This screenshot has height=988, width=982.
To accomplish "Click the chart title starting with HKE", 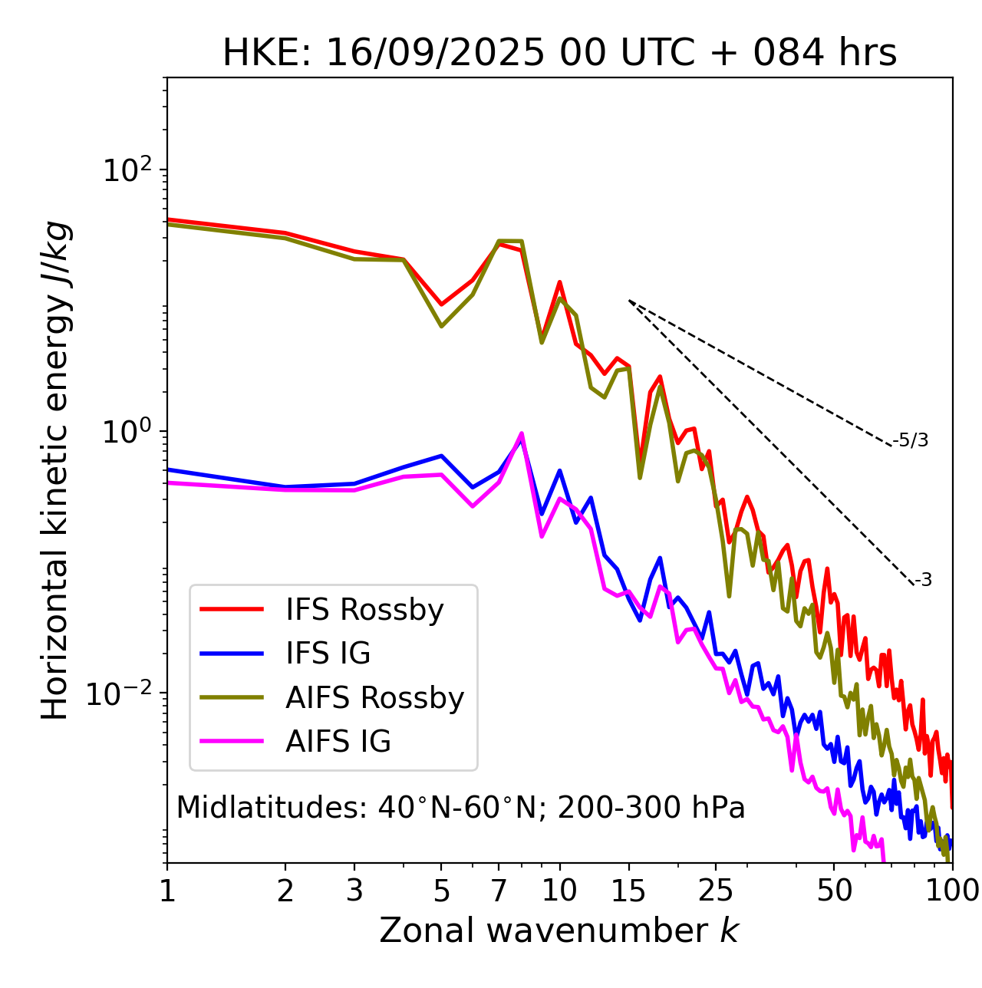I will click(x=559, y=54).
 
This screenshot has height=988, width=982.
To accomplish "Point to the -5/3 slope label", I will click(x=911, y=440).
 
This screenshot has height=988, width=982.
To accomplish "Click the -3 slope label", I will click(x=923, y=581).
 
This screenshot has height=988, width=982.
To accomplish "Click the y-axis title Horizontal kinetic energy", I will click(x=56, y=470).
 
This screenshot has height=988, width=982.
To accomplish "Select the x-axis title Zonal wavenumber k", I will click(x=559, y=930).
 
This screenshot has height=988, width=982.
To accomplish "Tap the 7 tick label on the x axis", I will click(x=499, y=891).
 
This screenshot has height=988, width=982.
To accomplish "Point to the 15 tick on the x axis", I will click(x=629, y=891).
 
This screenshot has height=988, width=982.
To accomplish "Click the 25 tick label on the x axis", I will click(x=716, y=891).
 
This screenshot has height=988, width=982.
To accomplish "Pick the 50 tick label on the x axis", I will click(x=834, y=891).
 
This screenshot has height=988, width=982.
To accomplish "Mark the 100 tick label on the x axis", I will click(x=951, y=891).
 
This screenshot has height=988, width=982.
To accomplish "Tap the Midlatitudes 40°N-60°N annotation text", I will click(x=460, y=808).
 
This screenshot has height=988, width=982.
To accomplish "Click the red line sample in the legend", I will click(x=232, y=610).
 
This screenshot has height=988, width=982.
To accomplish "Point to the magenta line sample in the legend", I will click(x=232, y=742).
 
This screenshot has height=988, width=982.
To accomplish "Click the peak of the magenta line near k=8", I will click(x=522, y=433).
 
